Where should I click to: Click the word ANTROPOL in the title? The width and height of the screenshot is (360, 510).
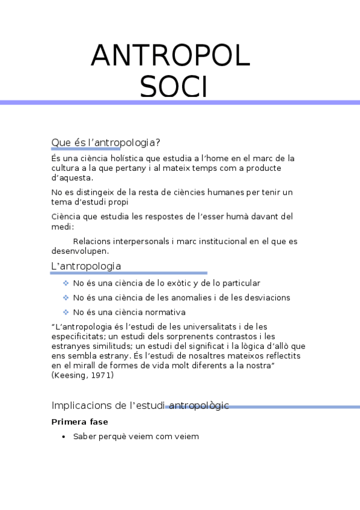click(170, 57)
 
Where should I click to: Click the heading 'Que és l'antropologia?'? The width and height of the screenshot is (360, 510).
click(106, 143)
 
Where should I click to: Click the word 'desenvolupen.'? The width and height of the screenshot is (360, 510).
click(80, 251)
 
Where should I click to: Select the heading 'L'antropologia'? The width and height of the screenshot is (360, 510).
click(86, 266)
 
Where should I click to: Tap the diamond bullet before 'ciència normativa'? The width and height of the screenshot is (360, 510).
click(66, 312)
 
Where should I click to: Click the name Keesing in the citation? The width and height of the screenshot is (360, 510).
click(71, 375)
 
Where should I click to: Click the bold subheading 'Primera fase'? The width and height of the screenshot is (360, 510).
click(80, 422)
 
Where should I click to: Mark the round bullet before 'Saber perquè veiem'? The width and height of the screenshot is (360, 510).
click(64, 437)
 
